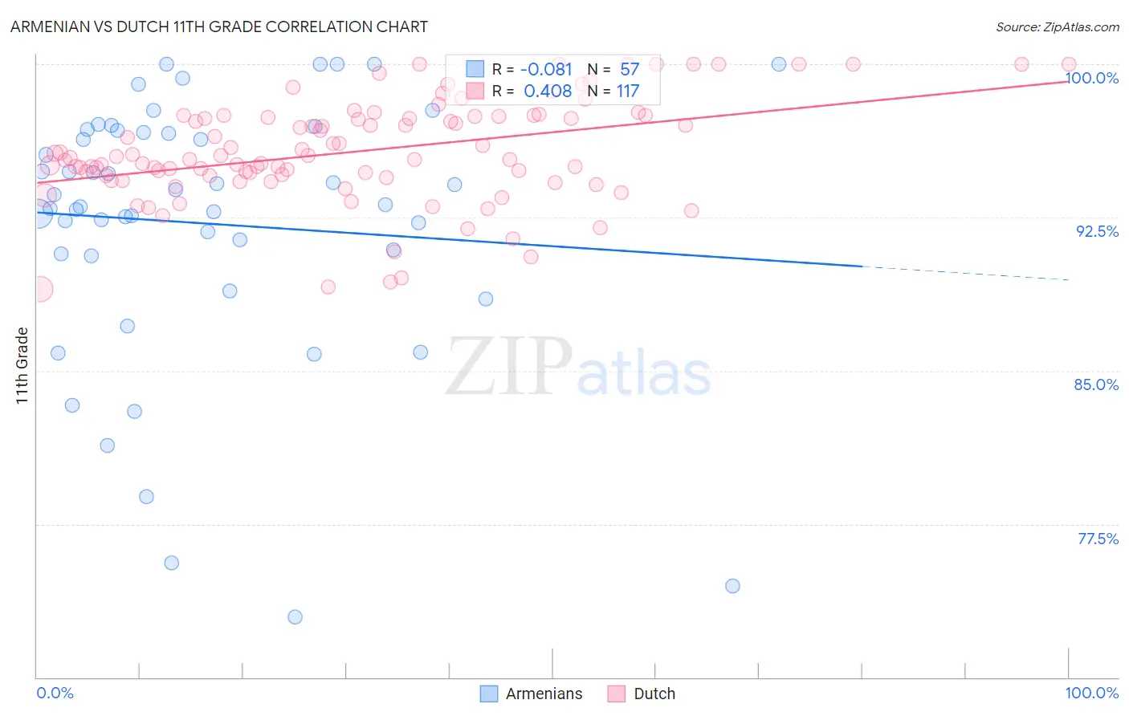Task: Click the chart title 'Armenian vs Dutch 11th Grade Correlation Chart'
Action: coord(218,26)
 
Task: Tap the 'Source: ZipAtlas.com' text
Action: coord(1057,27)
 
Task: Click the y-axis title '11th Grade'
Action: coord(22,365)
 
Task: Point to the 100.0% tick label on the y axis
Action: coord(1092,78)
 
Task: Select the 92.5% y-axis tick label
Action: coord(1097,231)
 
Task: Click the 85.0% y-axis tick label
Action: coord(1096,384)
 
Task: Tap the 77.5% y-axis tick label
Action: coord(1098,539)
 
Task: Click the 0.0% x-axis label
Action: coord(55,693)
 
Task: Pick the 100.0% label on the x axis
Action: coord(1091,693)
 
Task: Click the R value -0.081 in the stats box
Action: coord(546,69)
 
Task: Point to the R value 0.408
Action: coord(548,91)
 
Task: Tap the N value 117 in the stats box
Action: coord(628,91)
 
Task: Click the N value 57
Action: coord(630,69)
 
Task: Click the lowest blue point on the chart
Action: coord(295,616)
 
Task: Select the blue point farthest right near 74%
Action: coord(732,586)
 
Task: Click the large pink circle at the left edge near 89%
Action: coord(39,290)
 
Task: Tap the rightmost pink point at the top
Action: coord(1069,64)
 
